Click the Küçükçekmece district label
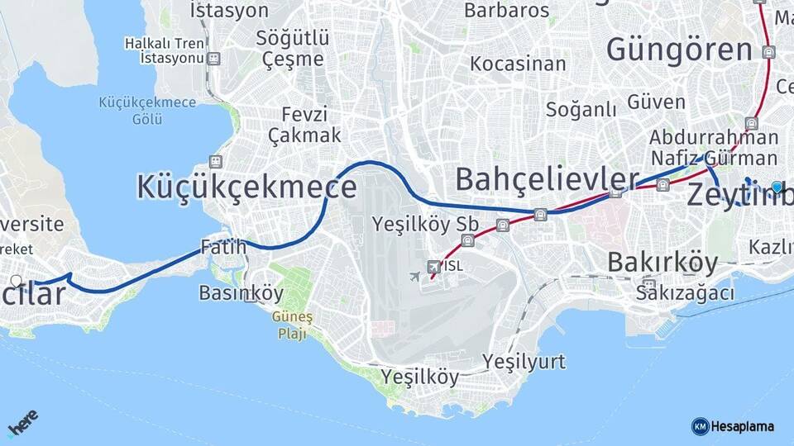coord(246,187)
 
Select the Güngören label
coord(679,50)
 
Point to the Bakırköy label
coord(662,263)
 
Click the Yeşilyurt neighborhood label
coord(524,362)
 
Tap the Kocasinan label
coord(518,64)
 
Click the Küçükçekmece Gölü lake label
coord(147,111)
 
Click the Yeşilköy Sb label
coord(425,224)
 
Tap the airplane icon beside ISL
coord(415,276)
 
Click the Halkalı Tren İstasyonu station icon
coord(214,59)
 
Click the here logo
coord(23,422)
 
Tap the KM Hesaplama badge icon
coord(700,426)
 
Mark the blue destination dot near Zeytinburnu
coord(777,187)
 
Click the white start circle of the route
coord(17,281)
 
